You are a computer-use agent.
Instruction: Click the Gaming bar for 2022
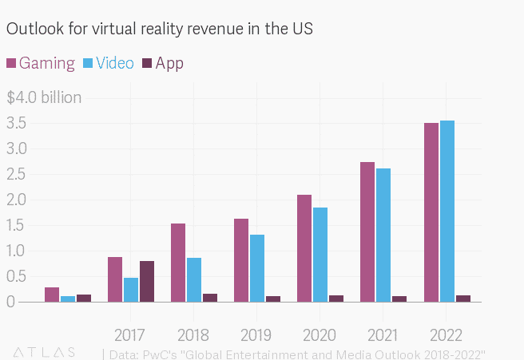(x=431, y=212)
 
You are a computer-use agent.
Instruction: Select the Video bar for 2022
(x=447, y=212)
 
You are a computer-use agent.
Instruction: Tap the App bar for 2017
(x=147, y=281)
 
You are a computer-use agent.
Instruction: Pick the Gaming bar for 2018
(x=178, y=263)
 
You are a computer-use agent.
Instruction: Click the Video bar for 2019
(x=257, y=268)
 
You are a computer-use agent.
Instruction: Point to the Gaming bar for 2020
(x=304, y=248)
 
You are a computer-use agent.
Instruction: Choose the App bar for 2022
(x=463, y=299)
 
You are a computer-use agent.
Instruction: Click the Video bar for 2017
(x=131, y=290)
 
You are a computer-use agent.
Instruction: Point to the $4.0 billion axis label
(x=44, y=98)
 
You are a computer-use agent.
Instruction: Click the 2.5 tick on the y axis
(x=17, y=175)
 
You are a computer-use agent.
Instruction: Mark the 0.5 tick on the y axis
(x=17, y=276)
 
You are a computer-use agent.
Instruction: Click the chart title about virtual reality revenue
(x=160, y=29)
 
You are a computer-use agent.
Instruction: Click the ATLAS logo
(x=45, y=351)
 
